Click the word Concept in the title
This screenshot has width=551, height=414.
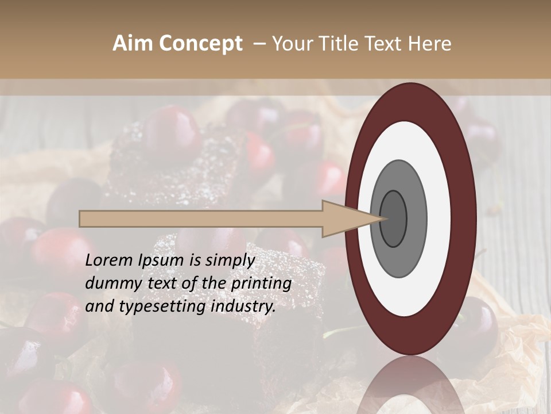tap(200, 44)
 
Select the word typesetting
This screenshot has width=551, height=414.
tap(162, 306)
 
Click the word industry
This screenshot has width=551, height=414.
tap(244, 306)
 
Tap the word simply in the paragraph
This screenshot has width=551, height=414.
tap(230, 260)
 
